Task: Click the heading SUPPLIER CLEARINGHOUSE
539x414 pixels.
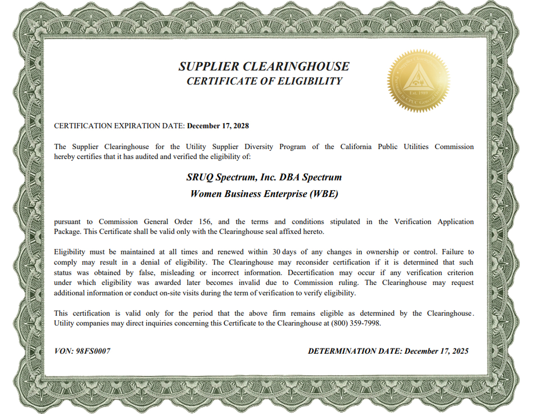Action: (264, 67)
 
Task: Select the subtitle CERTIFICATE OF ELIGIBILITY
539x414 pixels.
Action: (264, 81)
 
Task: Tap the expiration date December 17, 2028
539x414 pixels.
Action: (218, 126)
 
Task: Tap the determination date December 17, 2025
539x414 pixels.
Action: (436, 351)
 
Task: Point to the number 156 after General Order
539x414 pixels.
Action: (205, 222)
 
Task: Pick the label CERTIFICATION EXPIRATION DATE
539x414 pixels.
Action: (119, 126)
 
